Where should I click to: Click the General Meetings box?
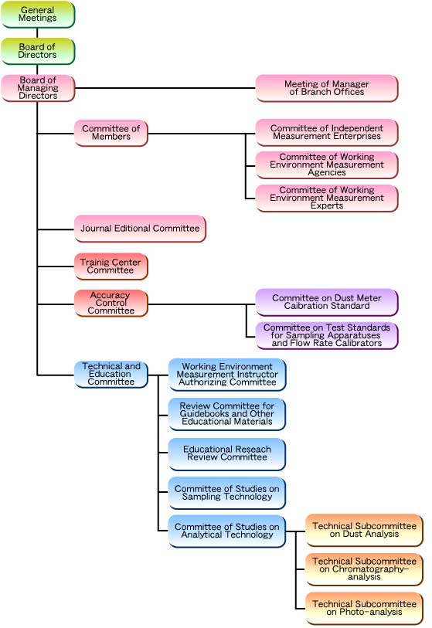pos(38,15)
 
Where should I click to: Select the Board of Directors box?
pos(38,51)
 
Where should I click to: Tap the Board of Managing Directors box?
pos(38,88)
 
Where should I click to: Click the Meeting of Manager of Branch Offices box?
pos(327,88)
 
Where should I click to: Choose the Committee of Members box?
pos(111,133)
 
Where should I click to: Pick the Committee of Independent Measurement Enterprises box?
pos(327,132)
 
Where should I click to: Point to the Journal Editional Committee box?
pos(140,229)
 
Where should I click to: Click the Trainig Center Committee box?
pos(111,266)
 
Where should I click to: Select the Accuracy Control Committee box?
pos(111,304)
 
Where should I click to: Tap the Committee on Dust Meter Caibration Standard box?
pos(327,302)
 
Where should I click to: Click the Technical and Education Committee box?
pos(111,374)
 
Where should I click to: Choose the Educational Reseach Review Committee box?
pos(227,453)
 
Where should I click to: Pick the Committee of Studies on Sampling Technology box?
pos(227,493)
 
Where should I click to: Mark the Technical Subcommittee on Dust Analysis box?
pos(364,530)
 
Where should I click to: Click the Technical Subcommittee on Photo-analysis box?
pos(364,608)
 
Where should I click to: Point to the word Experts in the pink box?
pos(327,206)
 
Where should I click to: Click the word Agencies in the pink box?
pos(327,172)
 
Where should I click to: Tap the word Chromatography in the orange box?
pos(362,569)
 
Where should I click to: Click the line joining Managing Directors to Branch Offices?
pos(165,88)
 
